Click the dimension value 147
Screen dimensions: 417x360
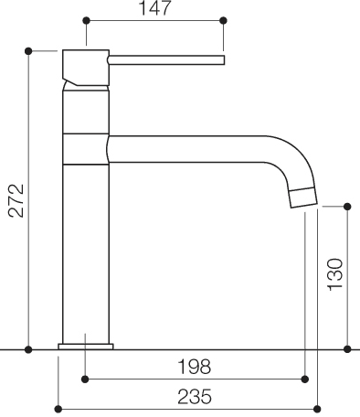(x=154, y=8)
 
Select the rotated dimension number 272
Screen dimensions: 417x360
(x=13, y=199)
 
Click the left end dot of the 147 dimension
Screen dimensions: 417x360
(x=85, y=19)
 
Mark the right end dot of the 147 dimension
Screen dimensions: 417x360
(x=222, y=19)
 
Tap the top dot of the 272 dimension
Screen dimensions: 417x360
(x=29, y=50)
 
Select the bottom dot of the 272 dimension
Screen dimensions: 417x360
(x=29, y=349)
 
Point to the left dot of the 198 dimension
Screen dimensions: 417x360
(x=85, y=378)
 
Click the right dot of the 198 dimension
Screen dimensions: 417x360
(x=303, y=378)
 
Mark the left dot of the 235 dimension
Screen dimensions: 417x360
(x=58, y=408)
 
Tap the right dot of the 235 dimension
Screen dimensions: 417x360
(x=317, y=408)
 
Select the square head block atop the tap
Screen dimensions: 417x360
(x=85, y=67)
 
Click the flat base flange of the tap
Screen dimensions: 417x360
(x=86, y=346)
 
